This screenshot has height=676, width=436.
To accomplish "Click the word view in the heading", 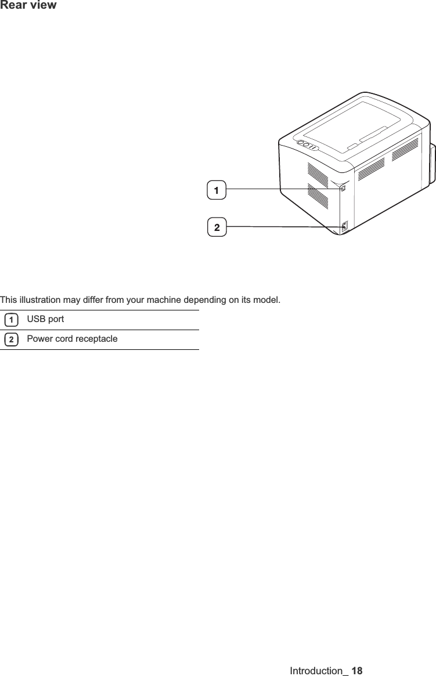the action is (43, 6).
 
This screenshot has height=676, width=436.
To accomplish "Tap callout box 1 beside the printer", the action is (216, 190).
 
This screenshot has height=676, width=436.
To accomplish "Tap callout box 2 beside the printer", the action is (217, 227).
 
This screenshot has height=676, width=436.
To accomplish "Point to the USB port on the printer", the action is (343, 188).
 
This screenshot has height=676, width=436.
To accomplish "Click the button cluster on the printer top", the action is (307, 145).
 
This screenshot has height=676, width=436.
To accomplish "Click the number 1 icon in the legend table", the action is (10, 320).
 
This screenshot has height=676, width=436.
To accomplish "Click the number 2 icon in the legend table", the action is (10, 339).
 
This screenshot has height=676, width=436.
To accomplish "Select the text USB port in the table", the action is (45, 320).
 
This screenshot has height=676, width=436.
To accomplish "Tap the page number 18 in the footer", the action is (356, 671).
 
